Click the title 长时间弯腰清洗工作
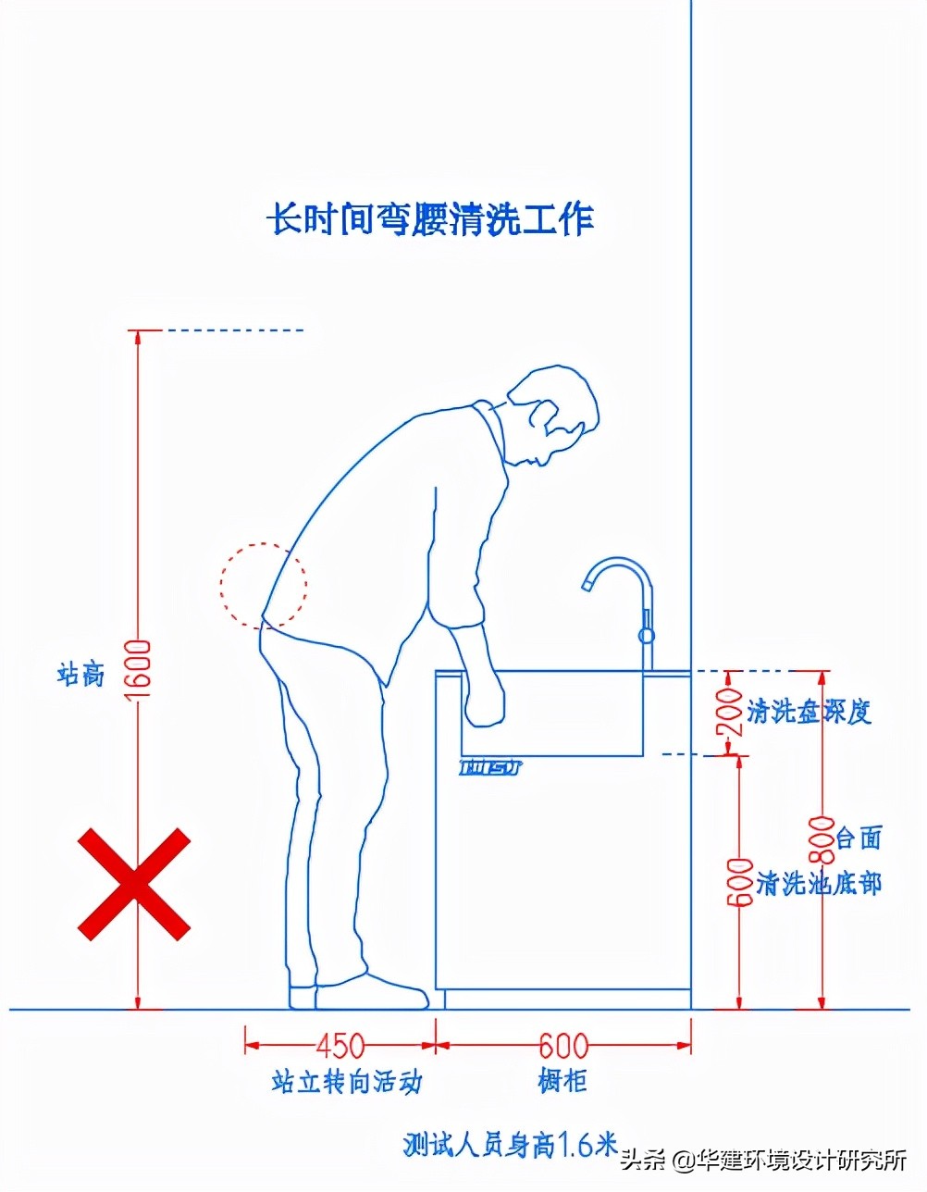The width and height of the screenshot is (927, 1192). coord(430,220)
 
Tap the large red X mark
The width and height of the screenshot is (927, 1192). coord(134,884)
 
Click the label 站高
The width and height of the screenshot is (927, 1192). coord(80,673)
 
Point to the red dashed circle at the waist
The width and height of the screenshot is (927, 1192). coord(263,585)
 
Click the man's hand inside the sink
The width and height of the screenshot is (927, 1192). coord(484,699)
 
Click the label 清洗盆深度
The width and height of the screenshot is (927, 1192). coord(810,711)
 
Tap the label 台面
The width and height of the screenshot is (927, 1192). coord(859,838)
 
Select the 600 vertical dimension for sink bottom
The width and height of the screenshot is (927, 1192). coord(738,884)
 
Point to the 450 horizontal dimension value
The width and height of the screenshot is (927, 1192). coord(340,1046)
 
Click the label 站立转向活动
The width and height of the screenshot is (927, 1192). coord(347,1081)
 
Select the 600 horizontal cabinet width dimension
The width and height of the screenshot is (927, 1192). coord(563,1046)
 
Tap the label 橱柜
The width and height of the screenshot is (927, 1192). coord(562,1080)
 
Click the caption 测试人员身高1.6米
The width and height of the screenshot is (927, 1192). coord(510,1145)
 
